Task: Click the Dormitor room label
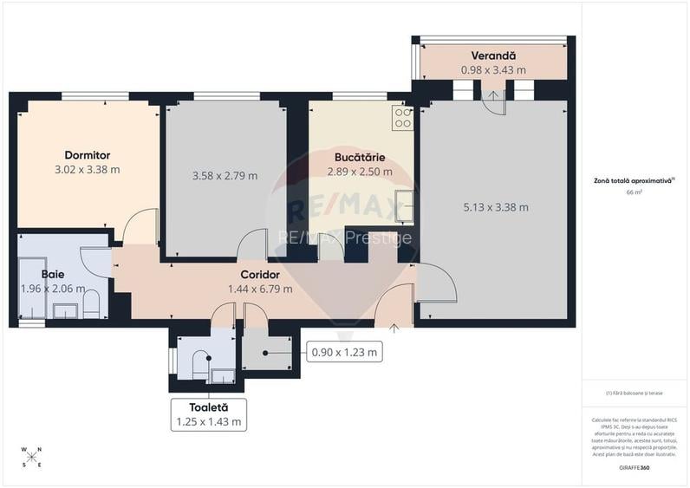click(x=87, y=155)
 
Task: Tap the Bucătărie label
click(x=360, y=158)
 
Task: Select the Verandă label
click(x=492, y=55)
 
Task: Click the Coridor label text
click(x=259, y=275)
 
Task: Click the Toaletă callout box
click(x=207, y=414)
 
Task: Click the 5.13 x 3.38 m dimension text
click(x=495, y=206)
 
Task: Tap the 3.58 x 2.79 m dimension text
click(x=225, y=176)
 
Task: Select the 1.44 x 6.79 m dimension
click(x=259, y=290)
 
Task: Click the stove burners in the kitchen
click(x=402, y=117)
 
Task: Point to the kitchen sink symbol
click(x=403, y=206)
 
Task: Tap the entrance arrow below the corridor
click(x=394, y=329)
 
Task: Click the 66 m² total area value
click(x=634, y=192)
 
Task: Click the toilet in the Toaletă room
click(x=199, y=363)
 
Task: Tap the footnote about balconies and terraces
click(x=634, y=394)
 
